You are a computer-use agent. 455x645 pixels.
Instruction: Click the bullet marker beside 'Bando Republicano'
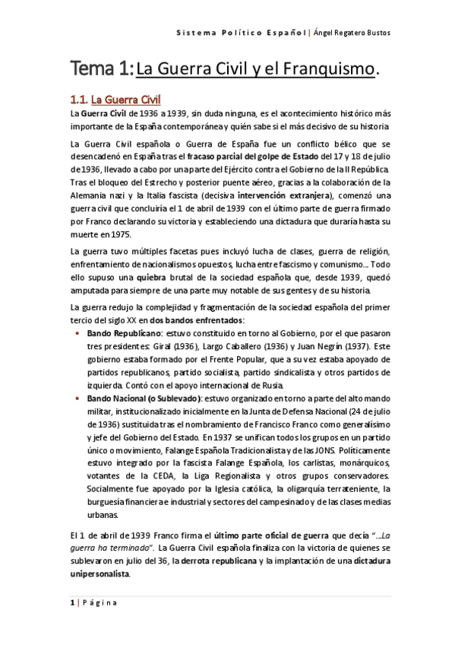pos(79,335)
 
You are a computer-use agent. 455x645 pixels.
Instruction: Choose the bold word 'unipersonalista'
pos(100,575)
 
